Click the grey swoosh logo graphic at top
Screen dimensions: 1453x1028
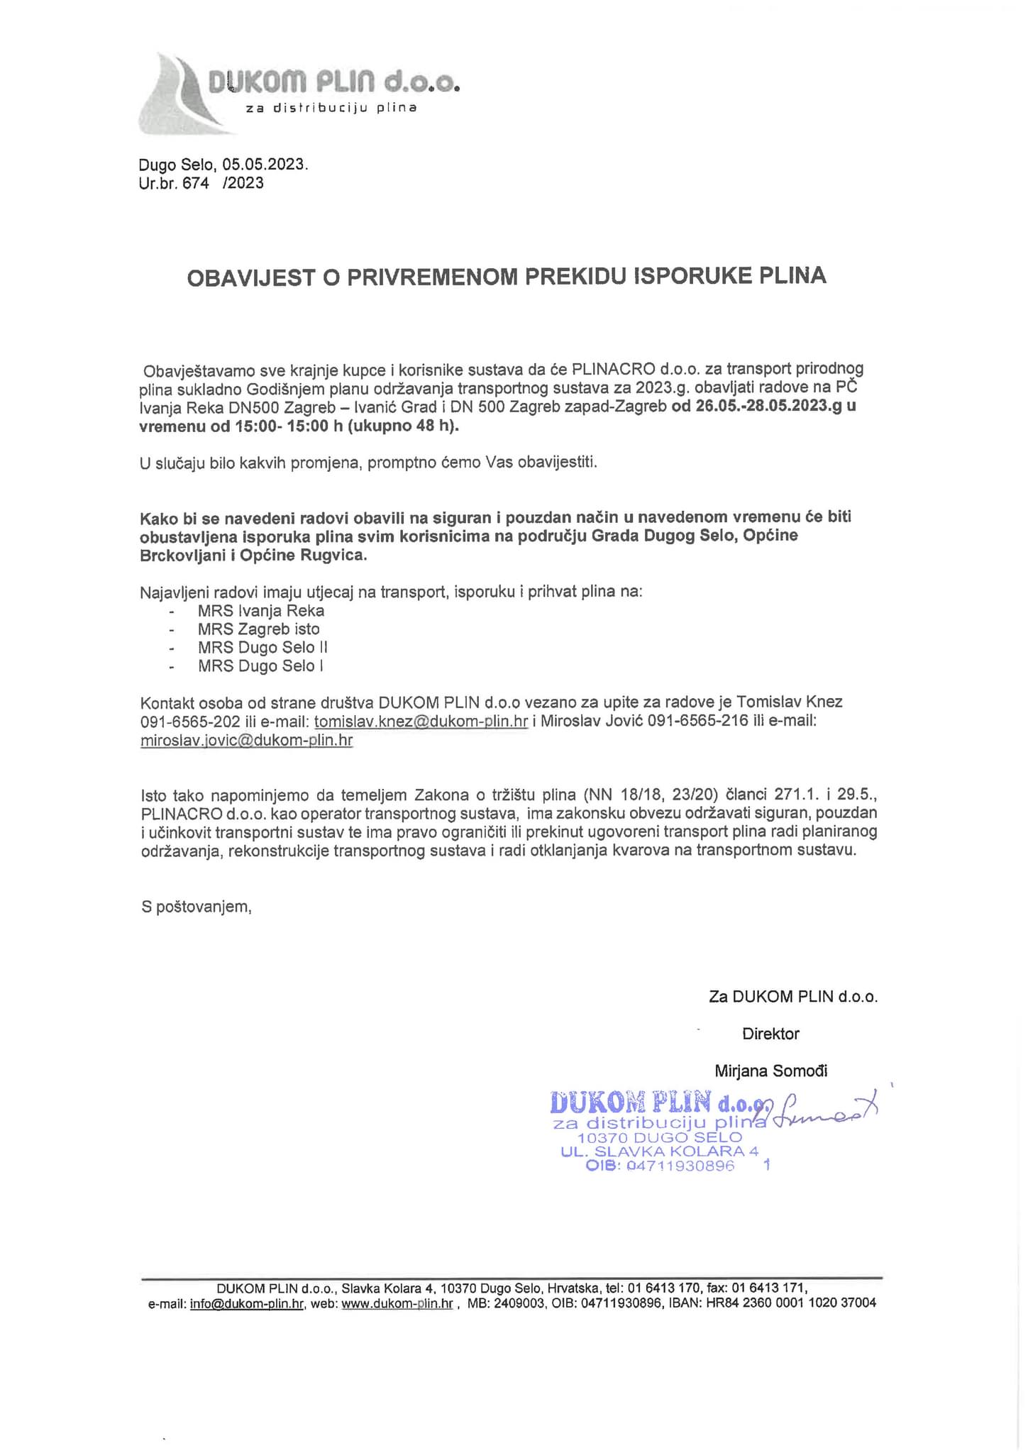tap(177, 96)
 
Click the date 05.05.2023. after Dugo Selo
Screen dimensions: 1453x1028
tap(265, 165)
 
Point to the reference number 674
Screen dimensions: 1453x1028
tap(196, 183)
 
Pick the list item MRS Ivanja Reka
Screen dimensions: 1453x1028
tap(260, 611)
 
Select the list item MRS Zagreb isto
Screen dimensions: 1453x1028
tap(258, 629)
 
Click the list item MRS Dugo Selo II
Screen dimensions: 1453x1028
tap(262, 648)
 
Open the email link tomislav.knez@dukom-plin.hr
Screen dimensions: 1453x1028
tap(421, 722)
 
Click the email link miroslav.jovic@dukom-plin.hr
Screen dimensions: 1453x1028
tap(246, 740)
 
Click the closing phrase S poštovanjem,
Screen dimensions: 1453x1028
tap(196, 907)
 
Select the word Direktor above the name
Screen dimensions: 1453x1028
tap(770, 1034)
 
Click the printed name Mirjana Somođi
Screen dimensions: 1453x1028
tap(770, 1071)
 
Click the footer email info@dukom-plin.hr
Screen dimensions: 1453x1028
tap(247, 1304)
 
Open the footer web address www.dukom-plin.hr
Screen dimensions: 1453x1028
tap(397, 1304)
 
